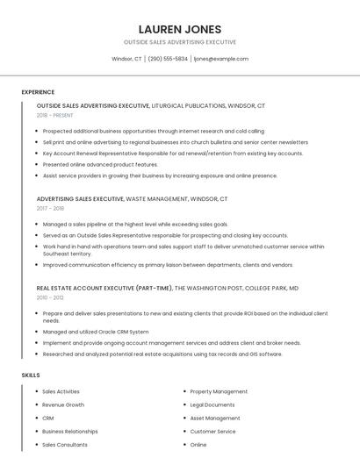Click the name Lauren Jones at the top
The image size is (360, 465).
(179, 29)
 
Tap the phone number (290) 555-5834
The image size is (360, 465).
(168, 59)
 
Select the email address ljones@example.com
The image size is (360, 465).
(221, 59)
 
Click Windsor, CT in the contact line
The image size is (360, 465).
(126, 59)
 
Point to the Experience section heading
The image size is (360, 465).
(38, 92)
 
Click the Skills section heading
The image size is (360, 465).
(31, 376)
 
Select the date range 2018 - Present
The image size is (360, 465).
(55, 115)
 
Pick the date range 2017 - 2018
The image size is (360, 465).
(50, 208)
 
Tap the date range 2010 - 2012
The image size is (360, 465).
(50, 297)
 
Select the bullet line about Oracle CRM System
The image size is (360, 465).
(96, 332)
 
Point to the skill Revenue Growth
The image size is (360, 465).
(63, 404)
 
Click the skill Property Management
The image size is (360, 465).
(219, 391)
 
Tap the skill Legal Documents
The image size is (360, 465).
(212, 404)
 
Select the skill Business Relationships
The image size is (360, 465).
(70, 432)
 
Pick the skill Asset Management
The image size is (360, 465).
(215, 418)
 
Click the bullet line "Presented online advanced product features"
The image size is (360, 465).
(100, 164)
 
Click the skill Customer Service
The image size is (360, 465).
(213, 432)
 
